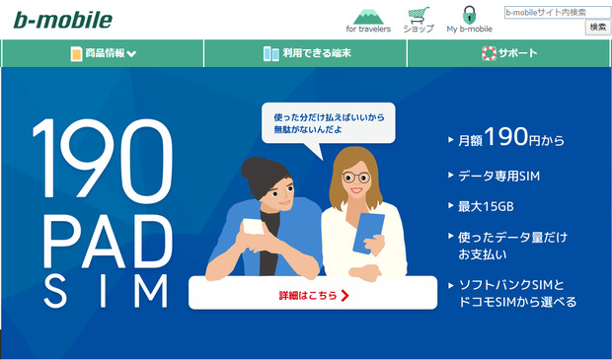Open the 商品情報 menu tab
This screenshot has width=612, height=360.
104,53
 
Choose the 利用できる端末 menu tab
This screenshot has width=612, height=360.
305,53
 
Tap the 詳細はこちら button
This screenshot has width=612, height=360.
313,293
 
